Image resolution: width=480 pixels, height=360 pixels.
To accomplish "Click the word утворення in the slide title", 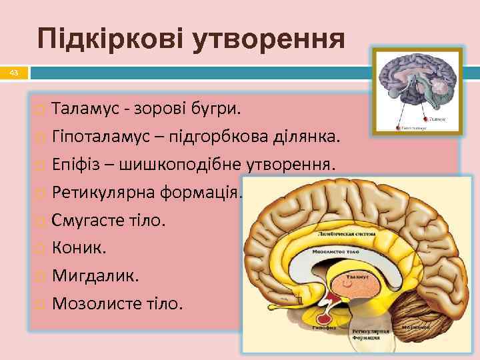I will [269, 39].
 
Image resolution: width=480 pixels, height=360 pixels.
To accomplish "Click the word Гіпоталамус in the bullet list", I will [99, 137].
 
